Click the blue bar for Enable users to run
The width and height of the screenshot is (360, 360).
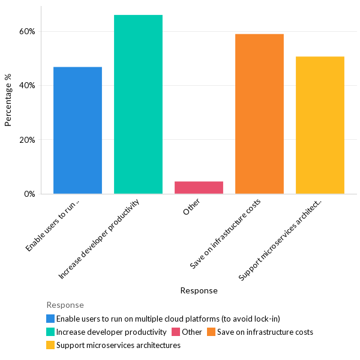click(77, 130)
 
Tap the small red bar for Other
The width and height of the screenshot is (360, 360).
click(199, 188)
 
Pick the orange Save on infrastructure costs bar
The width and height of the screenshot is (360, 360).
click(259, 114)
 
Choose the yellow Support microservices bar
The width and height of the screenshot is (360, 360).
click(320, 125)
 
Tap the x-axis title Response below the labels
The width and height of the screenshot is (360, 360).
click(199, 290)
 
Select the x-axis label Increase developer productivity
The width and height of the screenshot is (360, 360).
click(100, 238)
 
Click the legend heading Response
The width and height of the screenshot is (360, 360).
click(65, 305)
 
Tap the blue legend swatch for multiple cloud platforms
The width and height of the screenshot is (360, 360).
click(50, 319)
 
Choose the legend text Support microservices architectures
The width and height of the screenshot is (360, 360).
click(118, 345)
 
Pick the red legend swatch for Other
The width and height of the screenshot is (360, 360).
click(176, 332)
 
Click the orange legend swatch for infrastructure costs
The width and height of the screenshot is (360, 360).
click(211, 332)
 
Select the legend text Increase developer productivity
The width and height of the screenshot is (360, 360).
click(111, 332)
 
